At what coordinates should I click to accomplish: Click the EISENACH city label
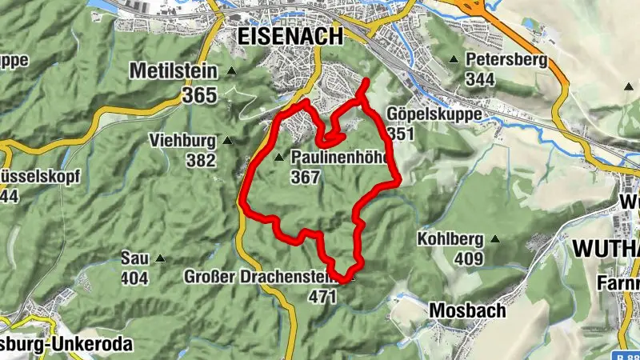tap(290, 36)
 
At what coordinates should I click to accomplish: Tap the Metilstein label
tap(174, 72)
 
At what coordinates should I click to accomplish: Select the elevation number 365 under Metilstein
tap(199, 95)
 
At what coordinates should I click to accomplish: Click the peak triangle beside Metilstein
tap(231, 72)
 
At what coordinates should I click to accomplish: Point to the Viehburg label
tap(182, 141)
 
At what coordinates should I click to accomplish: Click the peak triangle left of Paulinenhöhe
tap(279, 158)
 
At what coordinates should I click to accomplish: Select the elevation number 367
tap(306, 177)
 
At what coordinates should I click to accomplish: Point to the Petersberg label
tap(506, 59)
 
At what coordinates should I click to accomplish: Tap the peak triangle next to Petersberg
tap(454, 59)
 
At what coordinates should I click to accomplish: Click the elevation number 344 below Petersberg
tap(480, 79)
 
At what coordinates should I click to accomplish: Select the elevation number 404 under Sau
tap(135, 278)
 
